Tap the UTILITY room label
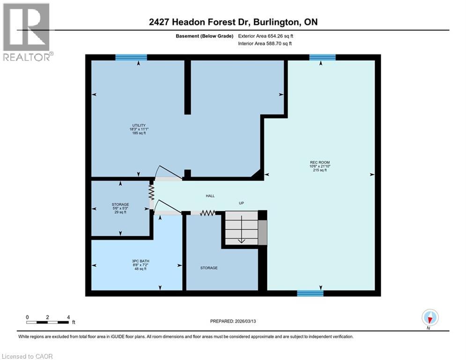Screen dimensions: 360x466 tap(138, 125)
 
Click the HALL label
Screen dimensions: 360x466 tap(210, 196)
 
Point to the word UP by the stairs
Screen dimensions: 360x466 tap(241, 203)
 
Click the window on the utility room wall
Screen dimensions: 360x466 tap(131, 57)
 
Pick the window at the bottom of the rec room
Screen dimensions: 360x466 tap(310, 293)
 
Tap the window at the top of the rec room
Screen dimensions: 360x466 tap(322, 57)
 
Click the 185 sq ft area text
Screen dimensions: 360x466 tap(138, 133)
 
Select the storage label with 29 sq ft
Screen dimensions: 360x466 tap(120, 208)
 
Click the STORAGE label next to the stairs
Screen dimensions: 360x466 tap(209, 268)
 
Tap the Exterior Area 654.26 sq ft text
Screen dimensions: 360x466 tap(266, 36)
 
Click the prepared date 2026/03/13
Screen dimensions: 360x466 tap(233, 321)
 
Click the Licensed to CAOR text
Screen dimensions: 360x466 tap(28, 356)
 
